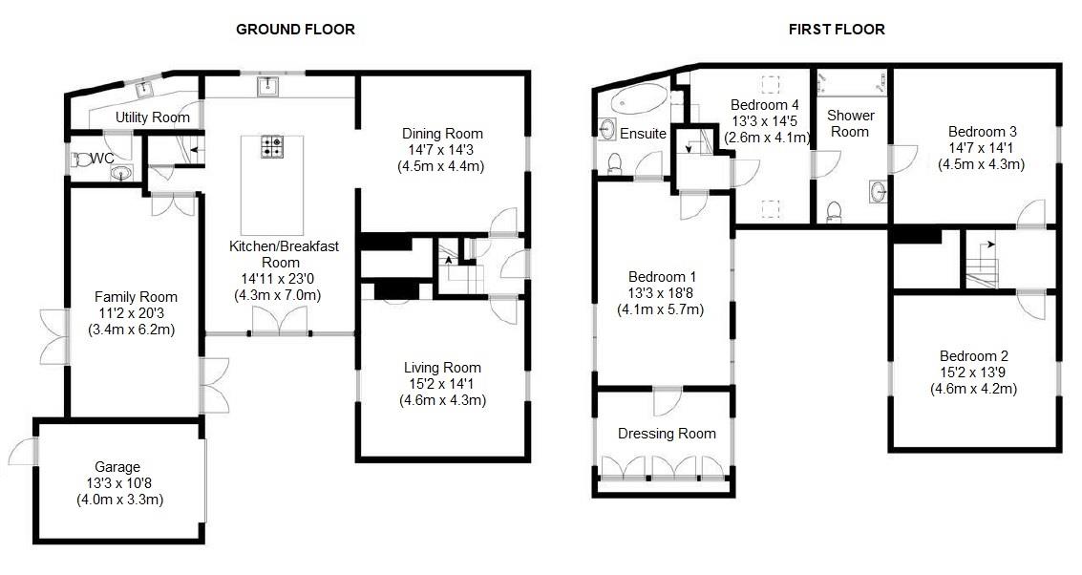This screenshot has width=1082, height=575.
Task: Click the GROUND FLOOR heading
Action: (x=295, y=30)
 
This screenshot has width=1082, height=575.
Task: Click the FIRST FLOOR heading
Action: (x=836, y=30)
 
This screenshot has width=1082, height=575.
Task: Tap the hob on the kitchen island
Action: (x=273, y=146)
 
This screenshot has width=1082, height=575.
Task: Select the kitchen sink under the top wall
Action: (x=268, y=88)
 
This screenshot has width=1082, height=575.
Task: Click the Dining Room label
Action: (x=442, y=134)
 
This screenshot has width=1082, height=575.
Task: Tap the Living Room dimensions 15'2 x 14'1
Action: (x=442, y=384)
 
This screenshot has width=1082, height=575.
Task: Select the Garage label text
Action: (x=111, y=468)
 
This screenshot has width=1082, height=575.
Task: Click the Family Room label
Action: (x=136, y=297)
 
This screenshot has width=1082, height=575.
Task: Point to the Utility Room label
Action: (x=153, y=117)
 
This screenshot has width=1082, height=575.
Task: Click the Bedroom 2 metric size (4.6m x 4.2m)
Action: (x=973, y=389)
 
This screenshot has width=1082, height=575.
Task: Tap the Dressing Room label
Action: (x=667, y=434)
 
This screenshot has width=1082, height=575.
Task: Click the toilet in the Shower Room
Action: (x=833, y=211)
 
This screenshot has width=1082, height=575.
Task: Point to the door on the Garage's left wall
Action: (x=26, y=450)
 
